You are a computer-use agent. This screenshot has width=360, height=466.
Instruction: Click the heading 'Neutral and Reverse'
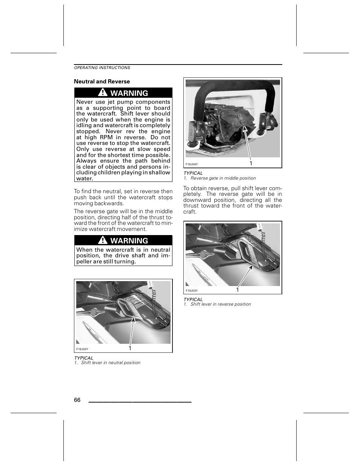[x=102, y=82]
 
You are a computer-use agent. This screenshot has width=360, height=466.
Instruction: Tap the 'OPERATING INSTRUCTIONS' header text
[x=102, y=68]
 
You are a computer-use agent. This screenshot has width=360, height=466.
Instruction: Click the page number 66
[x=77, y=400]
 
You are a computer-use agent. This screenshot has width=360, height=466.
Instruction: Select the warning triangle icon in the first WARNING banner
[x=102, y=92]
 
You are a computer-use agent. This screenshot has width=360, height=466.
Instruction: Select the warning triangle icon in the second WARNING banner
[x=102, y=240]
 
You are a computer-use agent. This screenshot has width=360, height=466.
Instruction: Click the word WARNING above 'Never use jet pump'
[x=129, y=93]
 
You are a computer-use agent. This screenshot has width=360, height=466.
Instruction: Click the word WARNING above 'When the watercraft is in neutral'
[x=129, y=240]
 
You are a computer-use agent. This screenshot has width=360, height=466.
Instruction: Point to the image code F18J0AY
[x=192, y=165]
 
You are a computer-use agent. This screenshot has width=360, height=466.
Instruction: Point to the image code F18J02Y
[x=82, y=349]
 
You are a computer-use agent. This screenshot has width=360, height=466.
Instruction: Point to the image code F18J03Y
[x=192, y=291]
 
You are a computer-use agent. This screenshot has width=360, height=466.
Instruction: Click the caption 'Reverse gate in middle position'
[x=223, y=178]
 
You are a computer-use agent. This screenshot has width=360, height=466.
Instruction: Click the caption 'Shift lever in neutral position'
[x=111, y=363]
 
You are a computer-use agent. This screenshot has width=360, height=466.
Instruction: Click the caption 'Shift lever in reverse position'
[x=220, y=305]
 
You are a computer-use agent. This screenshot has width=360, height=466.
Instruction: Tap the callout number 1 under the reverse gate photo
[x=251, y=163]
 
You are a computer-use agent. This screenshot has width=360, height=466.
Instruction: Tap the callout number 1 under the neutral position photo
[x=130, y=348]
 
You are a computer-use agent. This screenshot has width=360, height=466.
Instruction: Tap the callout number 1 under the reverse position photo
[x=237, y=290]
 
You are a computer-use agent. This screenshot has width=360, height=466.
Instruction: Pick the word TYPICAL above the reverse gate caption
[x=193, y=173]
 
